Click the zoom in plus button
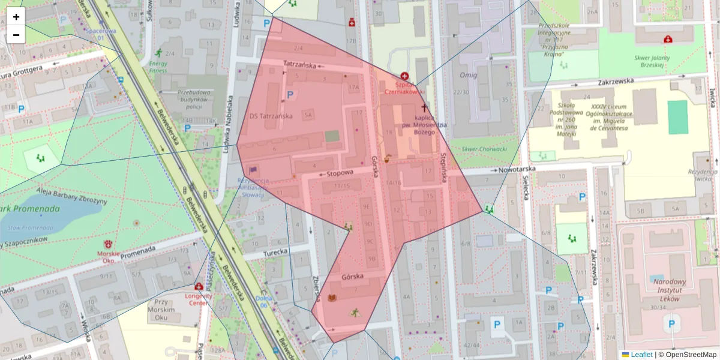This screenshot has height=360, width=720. click(16, 17)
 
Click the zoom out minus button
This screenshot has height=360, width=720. click(16, 35)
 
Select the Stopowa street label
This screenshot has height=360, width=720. click(340, 173)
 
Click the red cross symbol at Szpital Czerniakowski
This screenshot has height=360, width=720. click(405, 77)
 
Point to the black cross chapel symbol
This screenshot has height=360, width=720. click(425, 108)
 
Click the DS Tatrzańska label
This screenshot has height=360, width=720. click(271, 116)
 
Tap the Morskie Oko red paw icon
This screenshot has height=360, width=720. click(109, 244)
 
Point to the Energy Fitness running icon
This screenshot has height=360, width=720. click(158, 52)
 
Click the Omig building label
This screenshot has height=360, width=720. click(468, 75)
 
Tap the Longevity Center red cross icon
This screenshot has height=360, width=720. click(199, 287)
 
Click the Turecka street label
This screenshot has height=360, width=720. click(275, 252)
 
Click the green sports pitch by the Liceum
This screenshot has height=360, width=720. click(677, 117)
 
